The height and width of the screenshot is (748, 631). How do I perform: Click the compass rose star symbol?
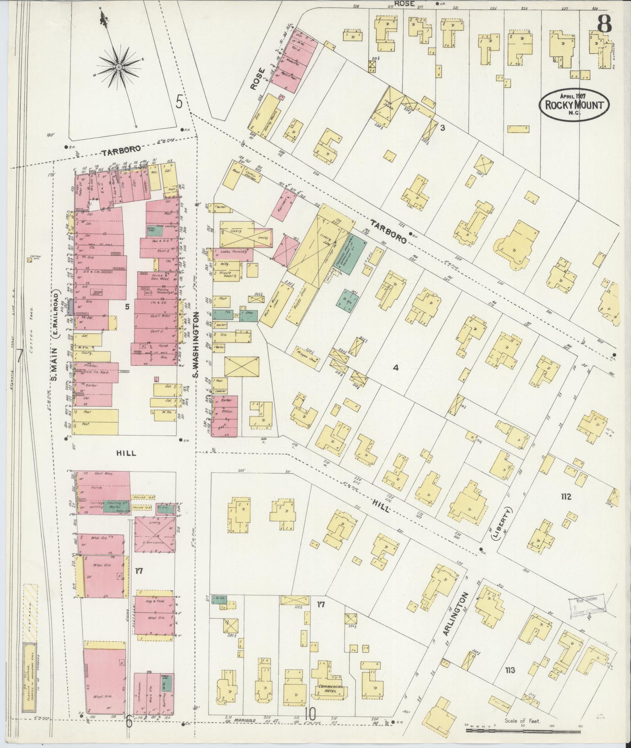120,65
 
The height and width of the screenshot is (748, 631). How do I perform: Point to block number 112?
566,497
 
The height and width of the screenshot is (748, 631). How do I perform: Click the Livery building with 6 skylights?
154,534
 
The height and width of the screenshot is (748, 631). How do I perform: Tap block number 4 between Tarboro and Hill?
395,368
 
